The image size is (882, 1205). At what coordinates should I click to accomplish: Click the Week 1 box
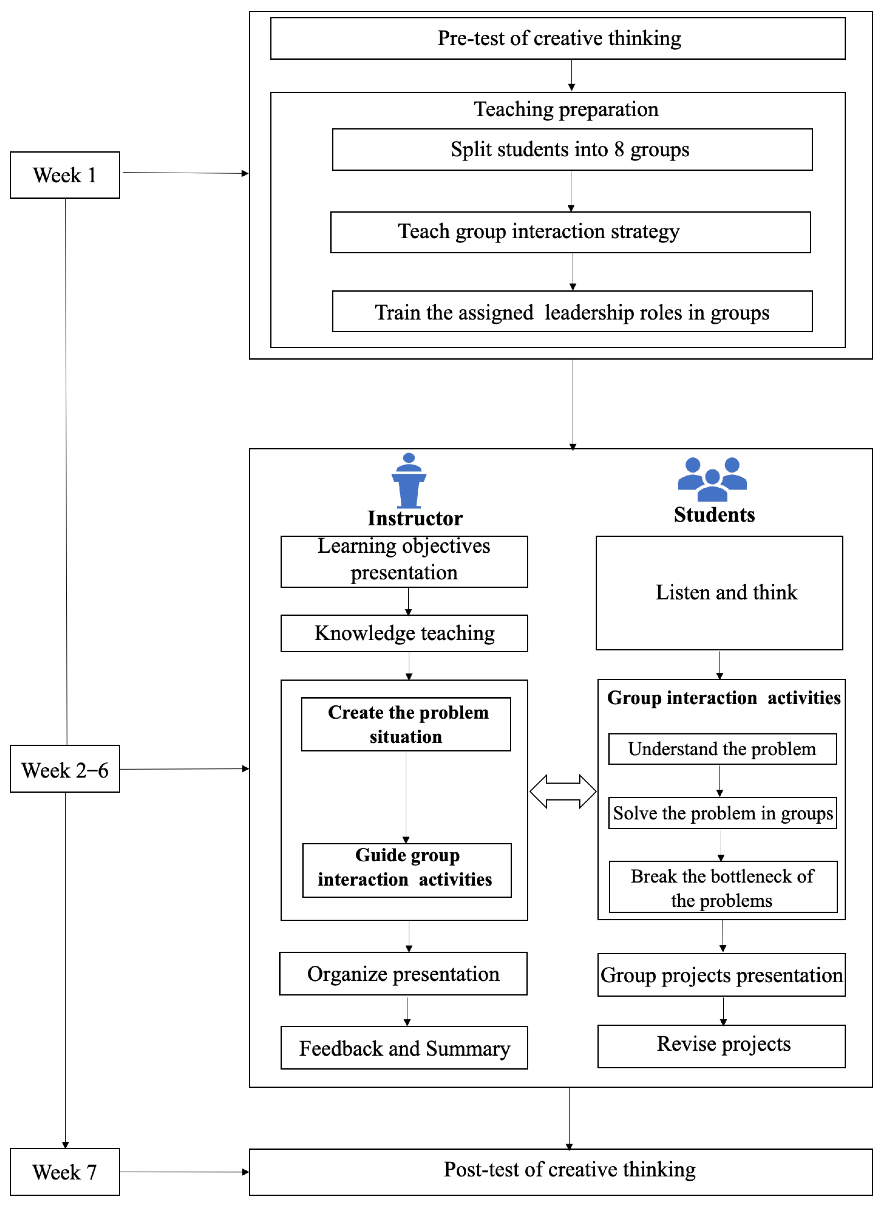click(x=64, y=175)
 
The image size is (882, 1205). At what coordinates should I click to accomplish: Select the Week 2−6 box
click(x=64, y=769)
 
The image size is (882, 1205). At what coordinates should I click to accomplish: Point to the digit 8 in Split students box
click(x=619, y=150)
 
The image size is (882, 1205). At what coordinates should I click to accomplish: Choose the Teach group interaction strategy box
click(x=570, y=232)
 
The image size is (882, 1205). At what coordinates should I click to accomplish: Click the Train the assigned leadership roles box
click(x=572, y=312)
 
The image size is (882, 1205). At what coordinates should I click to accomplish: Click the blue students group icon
click(x=712, y=479)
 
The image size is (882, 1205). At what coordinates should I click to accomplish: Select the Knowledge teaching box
click(x=404, y=633)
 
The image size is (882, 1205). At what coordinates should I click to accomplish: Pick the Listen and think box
click(x=719, y=593)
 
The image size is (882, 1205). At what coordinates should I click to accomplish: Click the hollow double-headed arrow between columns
click(x=563, y=791)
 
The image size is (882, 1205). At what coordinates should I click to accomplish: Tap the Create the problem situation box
click(x=406, y=724)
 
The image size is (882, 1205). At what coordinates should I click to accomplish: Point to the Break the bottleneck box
click(x=723, y=887)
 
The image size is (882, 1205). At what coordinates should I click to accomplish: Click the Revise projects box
click(x=721, y=1046)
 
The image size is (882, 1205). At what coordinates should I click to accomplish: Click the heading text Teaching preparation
click(x=566, y=109)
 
